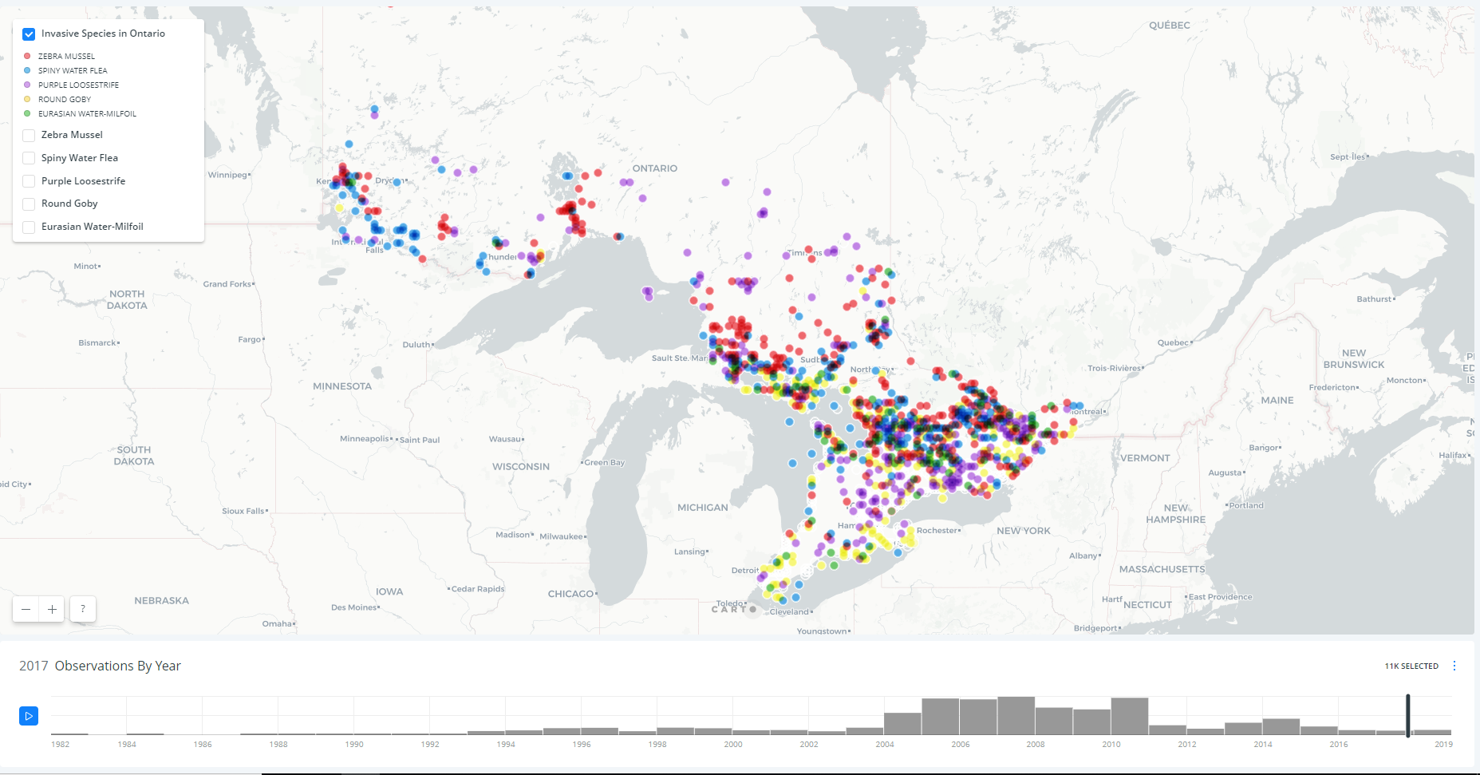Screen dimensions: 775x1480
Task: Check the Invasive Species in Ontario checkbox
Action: tap(29, 34)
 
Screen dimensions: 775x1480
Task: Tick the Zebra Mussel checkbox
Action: tap(29, 136)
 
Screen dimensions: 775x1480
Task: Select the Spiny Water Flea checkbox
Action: tap(29, 158)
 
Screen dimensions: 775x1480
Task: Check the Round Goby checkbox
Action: tap(29, 204)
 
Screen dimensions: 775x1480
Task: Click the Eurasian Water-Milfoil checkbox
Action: tap(29, 227)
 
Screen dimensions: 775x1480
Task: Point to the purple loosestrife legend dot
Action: tap(27, 85)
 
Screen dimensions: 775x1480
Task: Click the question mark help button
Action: tap(83, 609)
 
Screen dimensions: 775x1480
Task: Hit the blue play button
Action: tap(29, 716)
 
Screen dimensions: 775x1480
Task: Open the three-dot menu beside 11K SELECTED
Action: tap(1454, 666)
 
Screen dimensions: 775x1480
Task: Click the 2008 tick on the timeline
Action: tap(1036, 744)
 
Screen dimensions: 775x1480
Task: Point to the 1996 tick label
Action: tap(582, 744)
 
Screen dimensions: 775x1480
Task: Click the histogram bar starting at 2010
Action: tap(1129, 717)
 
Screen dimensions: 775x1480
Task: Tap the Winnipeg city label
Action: tap(227, 175)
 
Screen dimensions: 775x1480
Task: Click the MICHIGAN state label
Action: tap(702, 508)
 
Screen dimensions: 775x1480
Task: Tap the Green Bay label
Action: tap(605, 462)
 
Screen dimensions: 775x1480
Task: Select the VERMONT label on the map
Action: tap(1145, 458)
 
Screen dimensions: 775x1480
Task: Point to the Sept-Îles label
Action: tap(1347, 156)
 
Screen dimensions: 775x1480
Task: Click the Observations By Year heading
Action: tap(117, 666)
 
